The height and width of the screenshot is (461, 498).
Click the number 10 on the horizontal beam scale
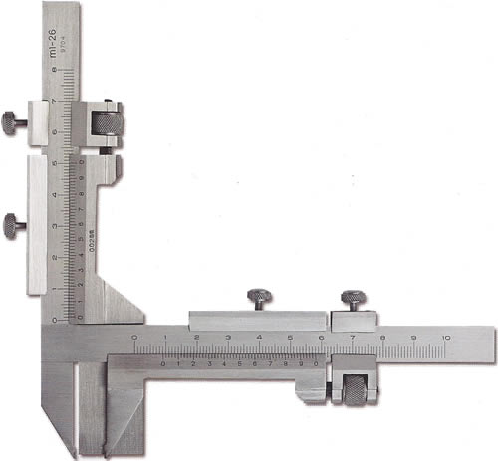(447, 339)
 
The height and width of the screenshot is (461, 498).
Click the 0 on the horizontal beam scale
(135, 339)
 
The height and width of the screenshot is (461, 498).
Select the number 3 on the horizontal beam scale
(228, 339)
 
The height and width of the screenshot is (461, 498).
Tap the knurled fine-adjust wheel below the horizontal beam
(356, 388)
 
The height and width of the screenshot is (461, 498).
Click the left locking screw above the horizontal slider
(260, 298)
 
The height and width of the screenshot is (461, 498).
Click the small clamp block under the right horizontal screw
(353, 320)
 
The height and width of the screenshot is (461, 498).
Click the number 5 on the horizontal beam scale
(290, 339)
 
